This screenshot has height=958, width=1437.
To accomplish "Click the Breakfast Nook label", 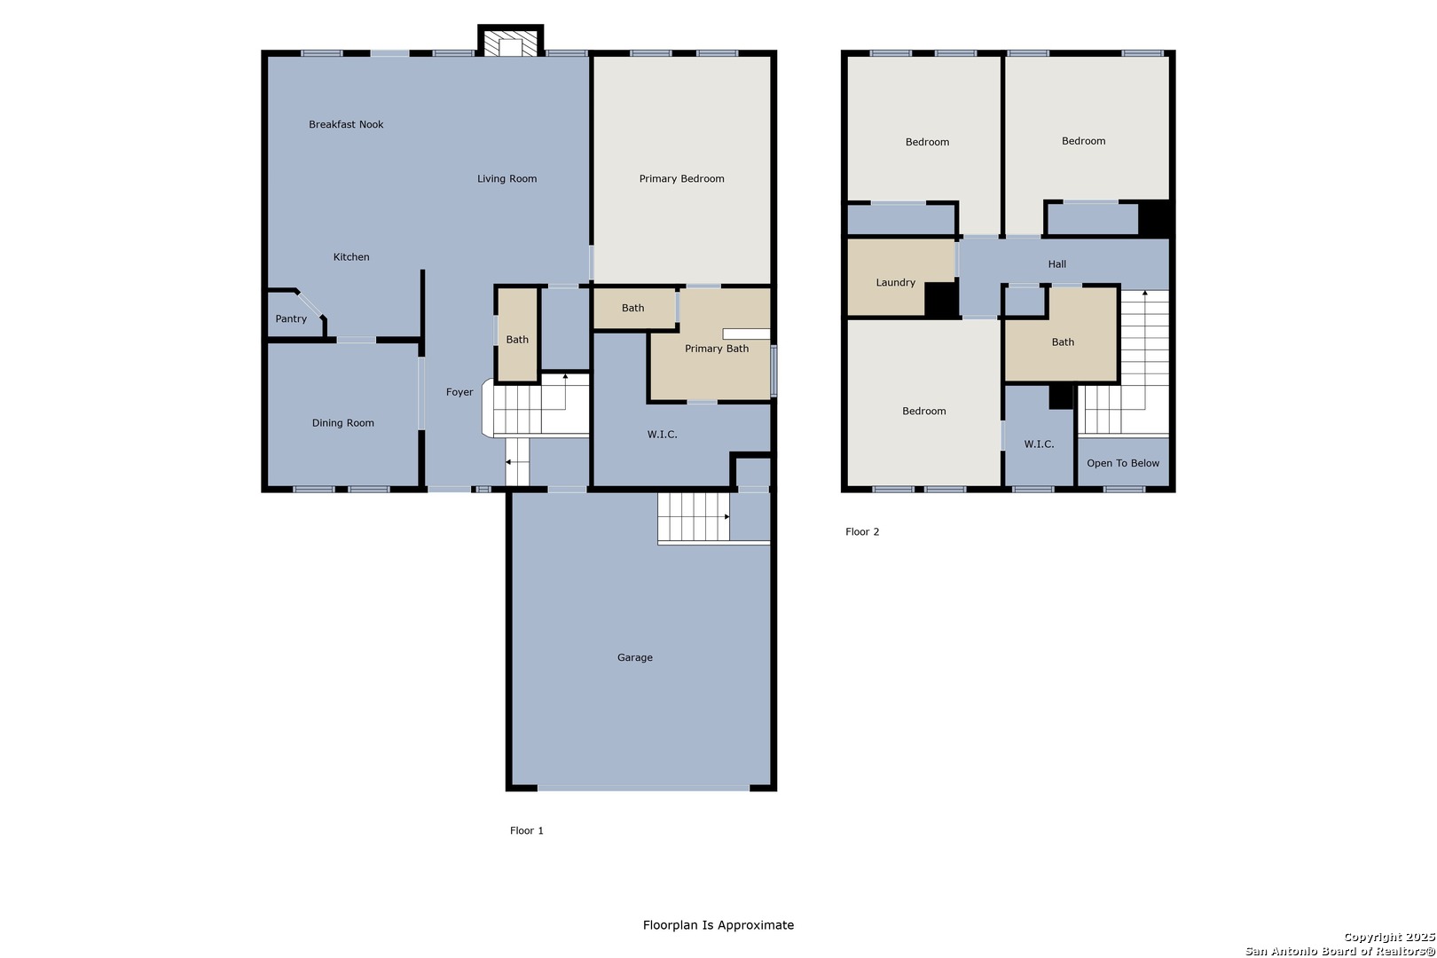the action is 346,124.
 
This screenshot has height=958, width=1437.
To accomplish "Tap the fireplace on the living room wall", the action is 511,42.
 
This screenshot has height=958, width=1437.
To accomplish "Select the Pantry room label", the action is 291,319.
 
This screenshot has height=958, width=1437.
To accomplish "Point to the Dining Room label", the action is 342,423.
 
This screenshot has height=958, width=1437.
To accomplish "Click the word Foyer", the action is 459,392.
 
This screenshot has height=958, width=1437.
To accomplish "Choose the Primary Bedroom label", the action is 681,178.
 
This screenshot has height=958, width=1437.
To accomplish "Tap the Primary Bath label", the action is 717,349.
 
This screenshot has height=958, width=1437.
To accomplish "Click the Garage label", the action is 635,657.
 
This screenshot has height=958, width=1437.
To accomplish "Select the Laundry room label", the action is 896,282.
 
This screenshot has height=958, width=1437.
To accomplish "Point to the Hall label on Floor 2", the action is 1057,263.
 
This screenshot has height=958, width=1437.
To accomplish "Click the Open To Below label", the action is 1123,463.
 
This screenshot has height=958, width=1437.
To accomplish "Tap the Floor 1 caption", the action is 527,830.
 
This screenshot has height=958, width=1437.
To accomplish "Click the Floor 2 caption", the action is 862,531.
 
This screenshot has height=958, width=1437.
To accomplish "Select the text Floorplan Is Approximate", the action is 718,924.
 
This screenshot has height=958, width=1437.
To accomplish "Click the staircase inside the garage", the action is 694,517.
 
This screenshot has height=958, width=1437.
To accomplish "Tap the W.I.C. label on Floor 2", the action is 1039,444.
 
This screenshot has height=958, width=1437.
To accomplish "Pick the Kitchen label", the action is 351,256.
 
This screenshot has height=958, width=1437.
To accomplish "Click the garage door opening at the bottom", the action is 643,788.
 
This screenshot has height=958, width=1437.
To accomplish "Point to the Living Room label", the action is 506,178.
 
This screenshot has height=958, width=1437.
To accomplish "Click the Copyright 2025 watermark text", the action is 1389,937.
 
